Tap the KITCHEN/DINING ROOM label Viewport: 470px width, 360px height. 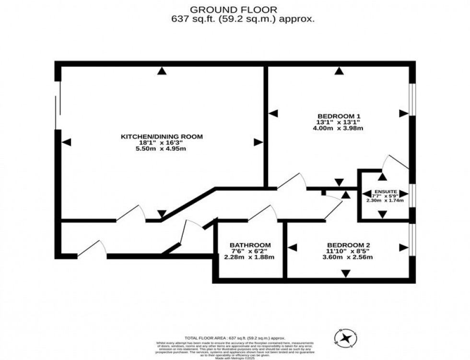(161, 137)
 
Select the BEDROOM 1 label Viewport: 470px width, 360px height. (339, 116)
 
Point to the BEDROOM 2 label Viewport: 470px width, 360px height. (349, 245)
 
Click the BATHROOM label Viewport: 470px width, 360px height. (250, 245)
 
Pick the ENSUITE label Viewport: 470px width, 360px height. (385, 191)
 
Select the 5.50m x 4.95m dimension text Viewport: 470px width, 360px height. (161, 149)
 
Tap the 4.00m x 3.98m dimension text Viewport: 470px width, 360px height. (339, 128)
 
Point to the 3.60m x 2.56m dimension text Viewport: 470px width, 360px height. (349, 257)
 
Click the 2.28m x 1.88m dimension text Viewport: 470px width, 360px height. (250, 257)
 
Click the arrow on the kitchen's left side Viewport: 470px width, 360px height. (67, 142)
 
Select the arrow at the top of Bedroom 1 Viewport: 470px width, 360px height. (340, 71)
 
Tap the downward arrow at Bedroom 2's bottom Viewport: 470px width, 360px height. (345, 273)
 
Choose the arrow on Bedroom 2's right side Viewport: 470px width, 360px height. (403, 247)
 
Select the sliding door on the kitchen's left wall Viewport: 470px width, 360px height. (58, 105)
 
